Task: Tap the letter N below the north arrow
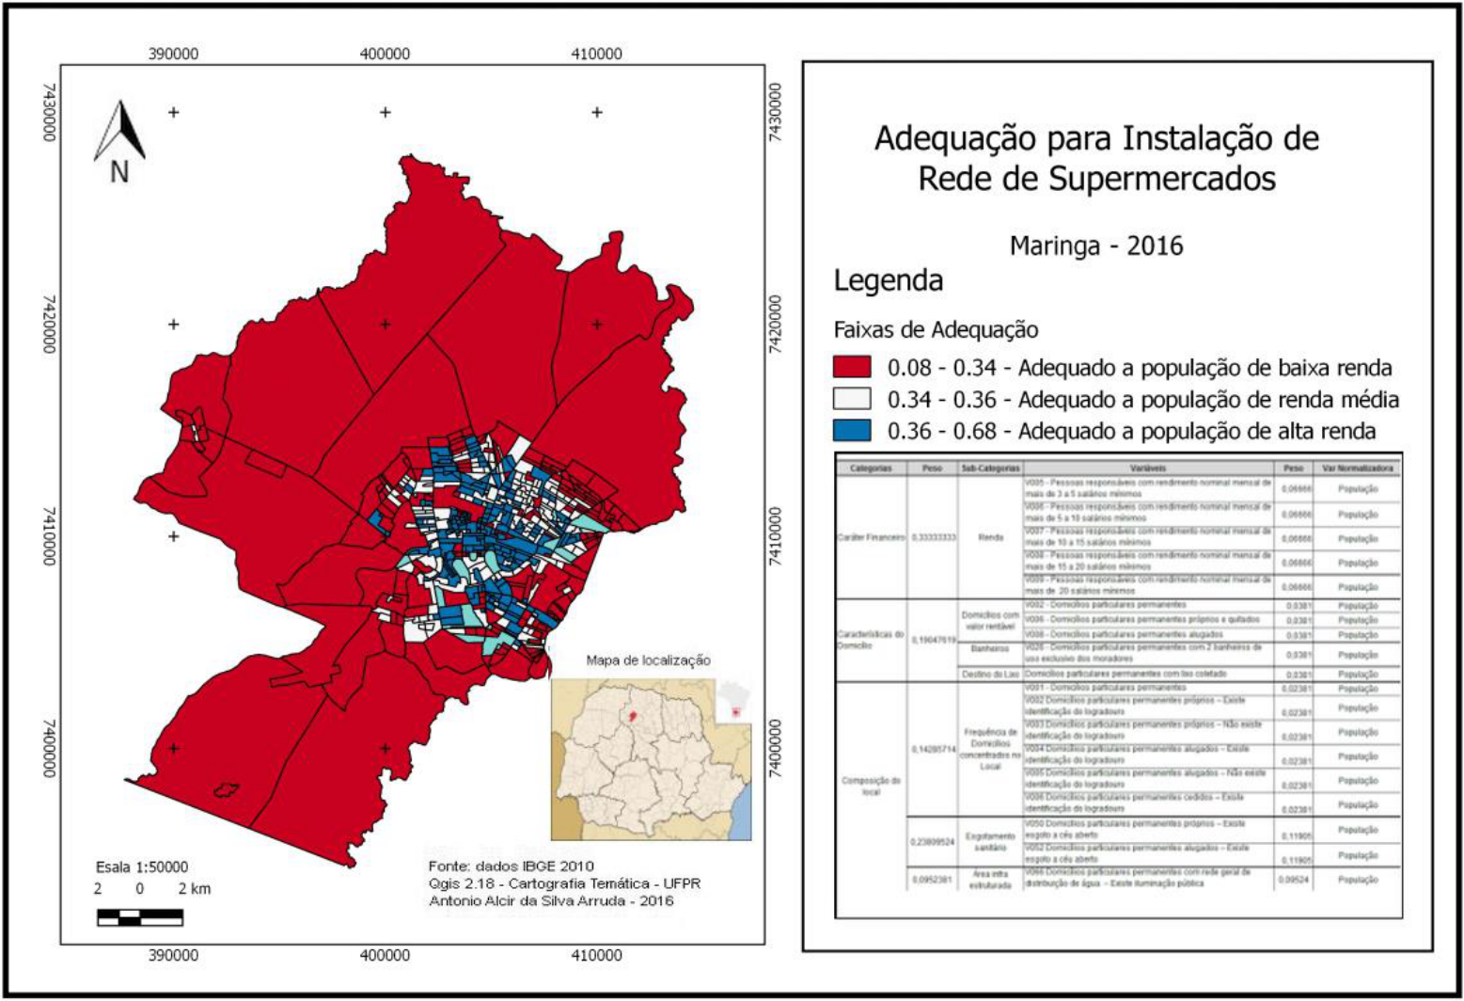click(x=119, y=172)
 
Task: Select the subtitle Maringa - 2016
click(x=1095, y=246)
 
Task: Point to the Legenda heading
click(x=888, y=280)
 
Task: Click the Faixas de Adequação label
click(x=936, y=329)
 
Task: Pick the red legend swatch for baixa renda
click(x=852, y=367)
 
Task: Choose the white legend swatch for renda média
click(x=852, y=399)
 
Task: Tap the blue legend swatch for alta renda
click(x=852, y=431)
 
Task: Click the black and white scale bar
click(x=139, y=916)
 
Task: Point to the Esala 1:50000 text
click(x=142, y=866)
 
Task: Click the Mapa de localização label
click(x=648, y=660)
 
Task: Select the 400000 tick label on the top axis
click(x=385, y=54)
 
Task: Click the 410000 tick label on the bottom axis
click(x=596, y=955)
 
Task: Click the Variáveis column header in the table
click(x=1148, y=468)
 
